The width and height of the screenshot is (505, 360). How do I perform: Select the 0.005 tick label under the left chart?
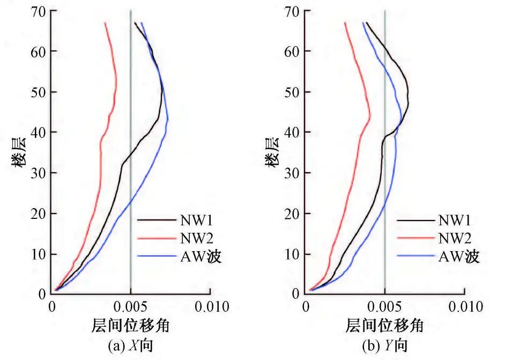click(131, 307)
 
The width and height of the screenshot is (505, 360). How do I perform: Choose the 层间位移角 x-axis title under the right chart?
click(385, 325)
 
